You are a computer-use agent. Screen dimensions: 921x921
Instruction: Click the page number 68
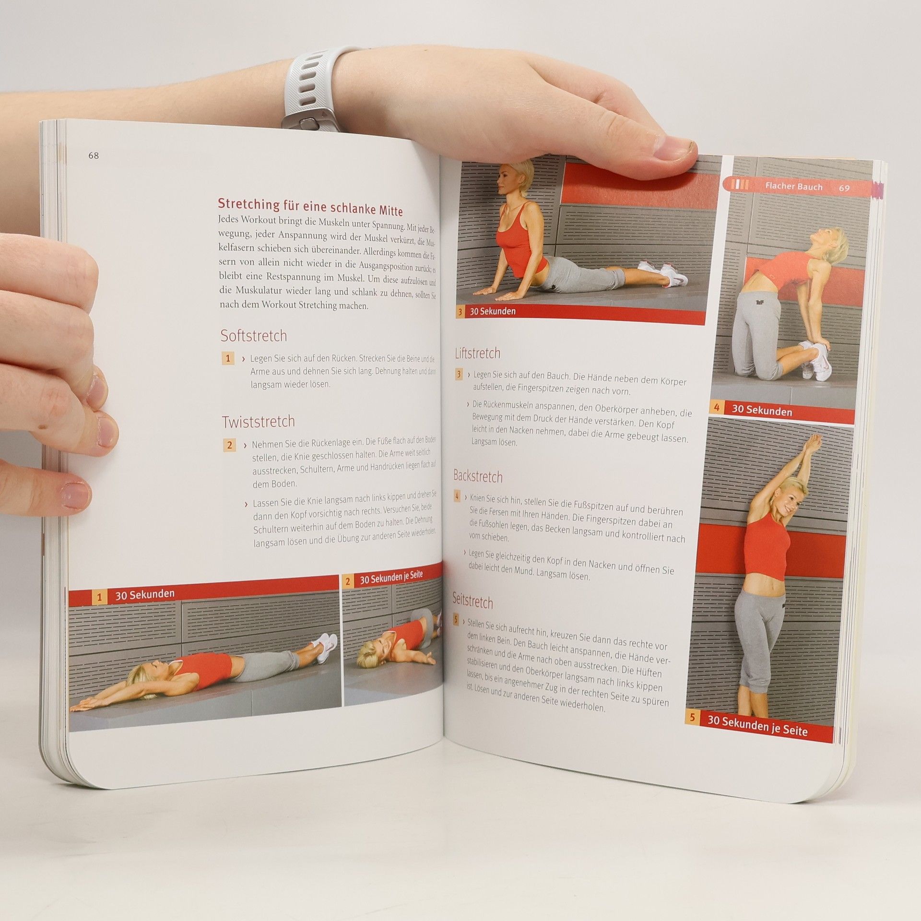pyautogui.click(x=94, y=156)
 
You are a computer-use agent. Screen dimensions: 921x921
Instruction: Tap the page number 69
pyautogui.click(x=844, y=188)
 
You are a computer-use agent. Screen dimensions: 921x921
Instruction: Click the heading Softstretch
pyautogui.click(x=254, y=336)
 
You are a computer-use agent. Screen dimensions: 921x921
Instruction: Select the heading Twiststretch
pyautogui.click(x=258, y=422)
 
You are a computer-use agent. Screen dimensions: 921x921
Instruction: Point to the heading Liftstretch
pyautogui.click(x=477, y=354)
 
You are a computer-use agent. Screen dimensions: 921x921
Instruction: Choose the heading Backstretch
pyautogui.click(x=478, y=476)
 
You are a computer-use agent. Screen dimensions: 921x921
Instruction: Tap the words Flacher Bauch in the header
pyautogui.click(x=794, y=187)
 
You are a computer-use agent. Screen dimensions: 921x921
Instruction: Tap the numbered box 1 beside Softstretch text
pyautogui.click(x=228, y=358)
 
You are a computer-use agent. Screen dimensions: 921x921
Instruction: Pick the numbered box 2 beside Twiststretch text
pyautogui.click(x=229, y=445)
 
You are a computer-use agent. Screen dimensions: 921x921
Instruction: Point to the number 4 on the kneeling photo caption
pyautogui.click(x=717, y=408)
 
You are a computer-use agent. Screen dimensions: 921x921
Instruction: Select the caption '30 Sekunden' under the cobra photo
pyautogui.click(x=493, y=311)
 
